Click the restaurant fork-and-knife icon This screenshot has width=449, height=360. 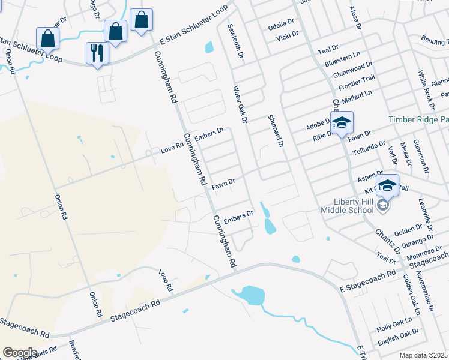(97, 53)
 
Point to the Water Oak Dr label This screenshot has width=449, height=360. (240, 104)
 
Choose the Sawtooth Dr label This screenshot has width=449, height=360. (235, 41)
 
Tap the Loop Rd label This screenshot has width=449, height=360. (165, 281)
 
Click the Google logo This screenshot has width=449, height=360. (20, 353)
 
